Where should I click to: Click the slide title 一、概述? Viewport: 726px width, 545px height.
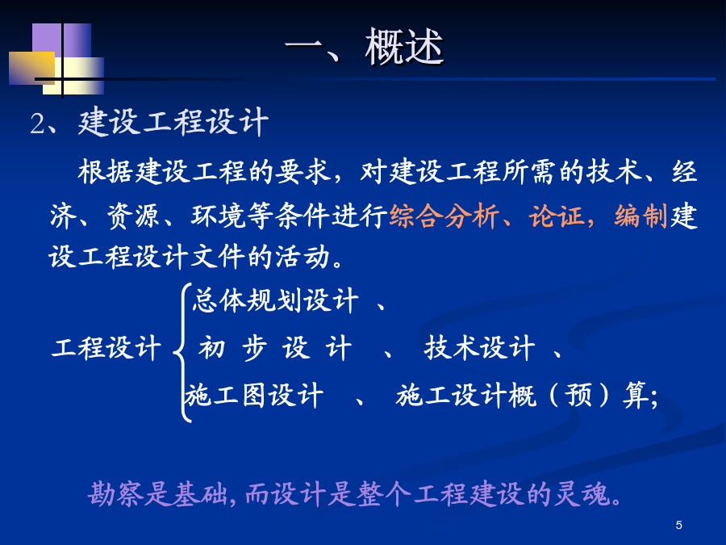pyautogui.click(x=365, y=47)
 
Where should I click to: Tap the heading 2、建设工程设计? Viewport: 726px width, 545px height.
pyautogui.click(x=149, y=123)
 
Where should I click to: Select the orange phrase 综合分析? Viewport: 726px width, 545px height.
pyautogui.click(x=444, y=216)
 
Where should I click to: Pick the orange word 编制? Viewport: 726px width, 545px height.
pyautogui.click(x=640, y=216)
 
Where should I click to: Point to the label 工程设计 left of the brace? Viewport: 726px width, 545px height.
pyautogui.click(x=106, y=347)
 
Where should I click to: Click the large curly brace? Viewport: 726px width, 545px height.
pyautogui.click(x=183, y=352)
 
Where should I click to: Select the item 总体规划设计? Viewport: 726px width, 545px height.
pyautogui.click(x=276, y=300)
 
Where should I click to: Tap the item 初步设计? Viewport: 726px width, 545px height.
pyautogui.click(x=275, y=348)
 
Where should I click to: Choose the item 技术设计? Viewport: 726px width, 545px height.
pyautogui.click(x=480, y=348)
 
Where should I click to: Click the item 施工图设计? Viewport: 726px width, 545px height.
pyautogui.click(x=254, y=396)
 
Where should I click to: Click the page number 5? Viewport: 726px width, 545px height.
pyautogui.click(x=678, y=525)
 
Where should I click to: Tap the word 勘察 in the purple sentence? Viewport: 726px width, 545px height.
pyautogui.click(x=115, y=493)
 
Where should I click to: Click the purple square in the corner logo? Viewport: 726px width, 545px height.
pyautogui.click(x=61, y=41)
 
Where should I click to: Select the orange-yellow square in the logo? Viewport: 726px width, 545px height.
pyautogui.click(x=31, y=68)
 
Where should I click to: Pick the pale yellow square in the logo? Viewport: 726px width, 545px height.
pyautogui.click(x=73, y=76)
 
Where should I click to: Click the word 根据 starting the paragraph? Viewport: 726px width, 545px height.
pyautogui.click(x=105, y=171)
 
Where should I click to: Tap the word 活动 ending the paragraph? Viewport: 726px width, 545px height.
pyautogui.click(x=302, y=257)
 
